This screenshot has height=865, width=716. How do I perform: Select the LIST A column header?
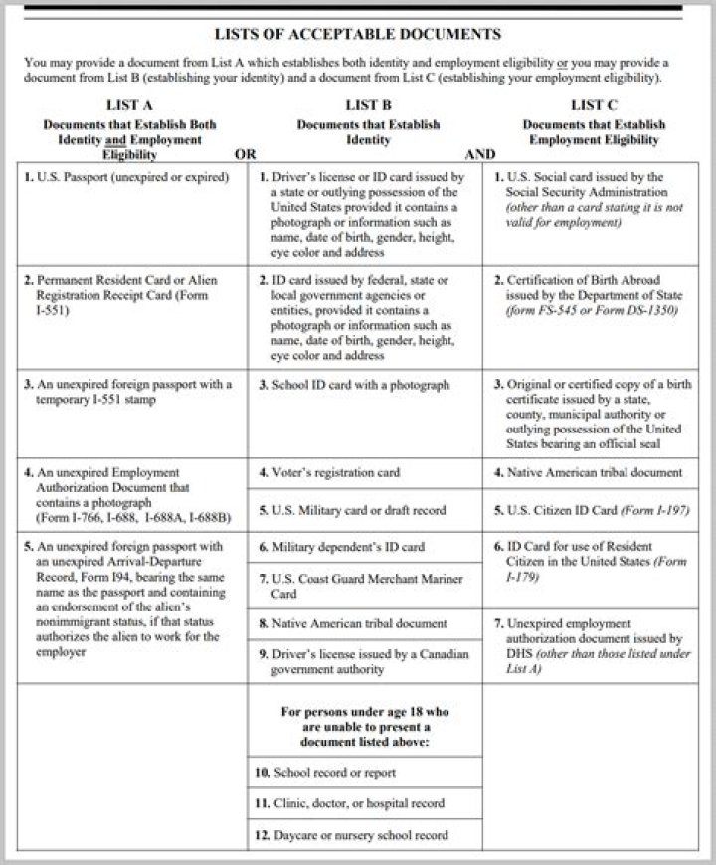coord(128,104)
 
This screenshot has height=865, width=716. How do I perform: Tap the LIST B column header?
coord(367,104)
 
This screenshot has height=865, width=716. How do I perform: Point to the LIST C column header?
coord(594,104)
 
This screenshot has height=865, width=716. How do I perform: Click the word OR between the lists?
coord(245,154)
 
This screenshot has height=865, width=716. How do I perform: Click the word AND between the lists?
coord(481,154)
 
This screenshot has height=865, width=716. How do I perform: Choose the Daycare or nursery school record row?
coord(354,835)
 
